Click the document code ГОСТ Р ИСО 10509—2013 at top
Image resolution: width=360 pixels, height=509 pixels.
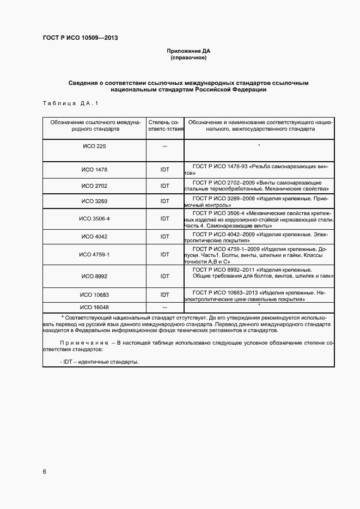pos(80,38)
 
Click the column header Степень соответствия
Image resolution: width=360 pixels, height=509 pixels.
pos(164,126)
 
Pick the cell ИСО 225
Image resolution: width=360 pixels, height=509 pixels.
pos(94,146)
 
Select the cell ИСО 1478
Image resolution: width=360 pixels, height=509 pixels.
pos(94,169)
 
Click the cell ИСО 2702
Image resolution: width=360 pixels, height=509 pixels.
pos(94,186)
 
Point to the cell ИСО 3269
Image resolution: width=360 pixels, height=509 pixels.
pos(94,201)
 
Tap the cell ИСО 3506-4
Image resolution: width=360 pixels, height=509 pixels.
pos(94,218)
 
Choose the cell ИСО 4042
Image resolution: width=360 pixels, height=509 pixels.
pos(94,237)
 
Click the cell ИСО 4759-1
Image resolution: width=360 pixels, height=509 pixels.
pos(94,255)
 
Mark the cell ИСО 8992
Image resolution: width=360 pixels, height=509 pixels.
pos(94,276)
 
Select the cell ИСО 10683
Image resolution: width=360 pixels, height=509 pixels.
pos(94,295)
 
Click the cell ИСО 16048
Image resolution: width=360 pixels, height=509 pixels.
pos(94,308)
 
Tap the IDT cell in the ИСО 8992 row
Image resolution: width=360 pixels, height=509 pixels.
pos(164,276)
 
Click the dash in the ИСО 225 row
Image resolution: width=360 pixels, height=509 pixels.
pos(164,147)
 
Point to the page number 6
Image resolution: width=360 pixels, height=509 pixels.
pos(44,471)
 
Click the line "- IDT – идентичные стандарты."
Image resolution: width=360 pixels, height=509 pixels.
pos(99,361)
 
